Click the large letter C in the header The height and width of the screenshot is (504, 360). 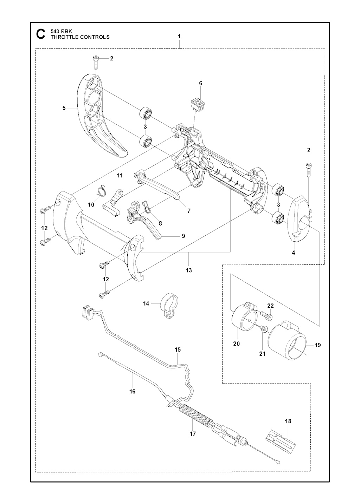pos(41,34)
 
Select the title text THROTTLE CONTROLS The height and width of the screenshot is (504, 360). pos(80,37)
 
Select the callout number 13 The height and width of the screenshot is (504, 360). pos(189,270)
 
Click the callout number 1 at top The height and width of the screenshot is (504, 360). pos(179,36)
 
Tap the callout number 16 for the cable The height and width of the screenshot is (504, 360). pos(132,391)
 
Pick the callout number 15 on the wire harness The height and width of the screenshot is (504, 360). pos(178,349)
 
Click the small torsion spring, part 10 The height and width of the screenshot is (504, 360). pos(101,191)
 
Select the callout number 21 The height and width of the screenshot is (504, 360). pos(262,354)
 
